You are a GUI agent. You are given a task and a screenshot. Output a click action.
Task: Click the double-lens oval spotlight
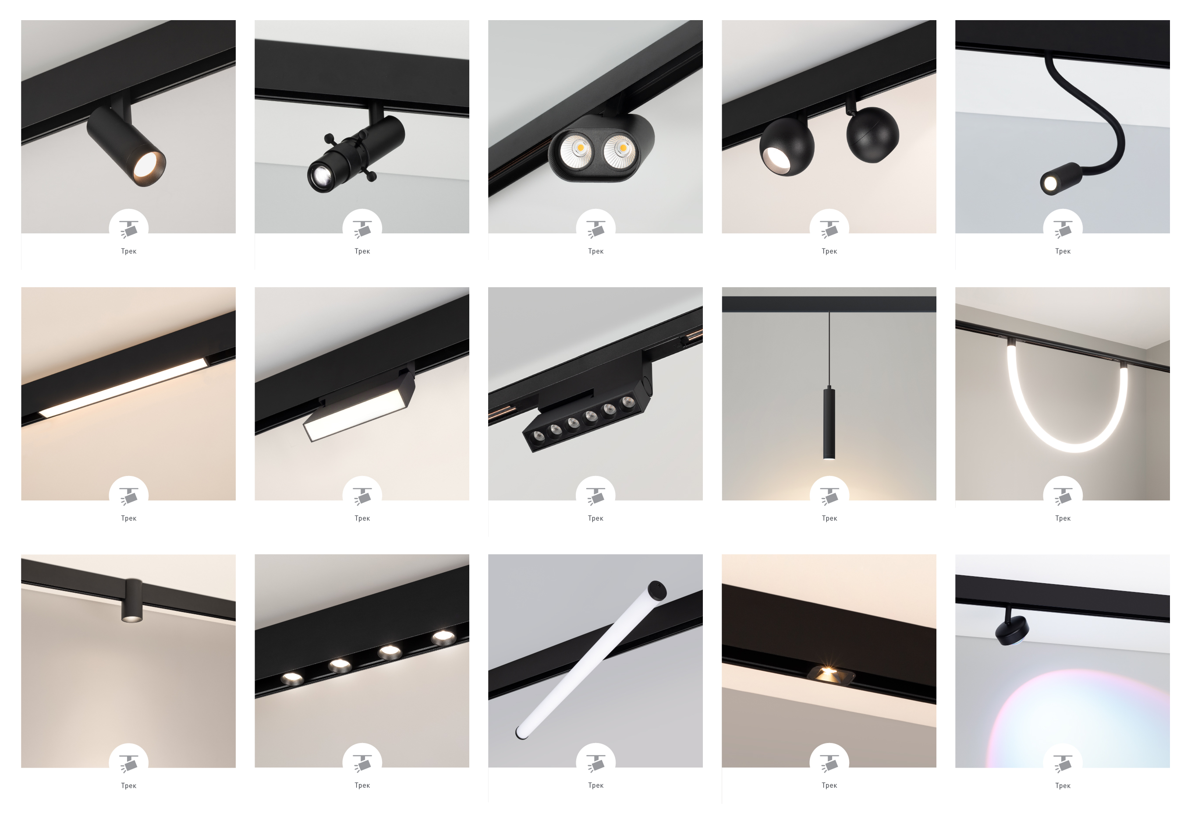point(600,150)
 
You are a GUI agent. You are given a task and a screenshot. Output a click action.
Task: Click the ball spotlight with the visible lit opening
point(786,148)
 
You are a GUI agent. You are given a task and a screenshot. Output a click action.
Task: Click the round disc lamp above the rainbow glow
point(1012,630)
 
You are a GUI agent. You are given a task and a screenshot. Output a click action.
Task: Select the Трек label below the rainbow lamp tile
point(1062,786)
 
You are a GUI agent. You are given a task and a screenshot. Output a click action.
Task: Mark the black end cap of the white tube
point(657,590)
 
